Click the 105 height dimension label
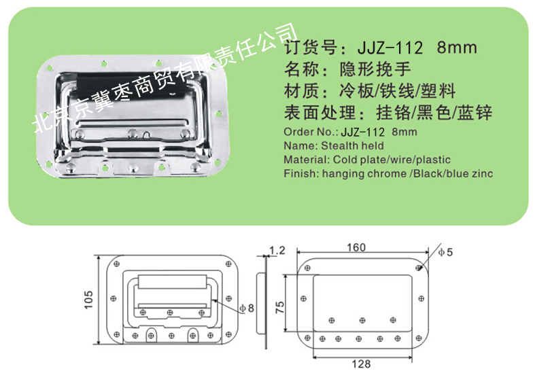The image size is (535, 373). coord(88,300)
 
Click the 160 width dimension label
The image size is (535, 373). coord(356,247)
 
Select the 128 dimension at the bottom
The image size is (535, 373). coord(362,364)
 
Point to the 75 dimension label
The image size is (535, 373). coord(279,308)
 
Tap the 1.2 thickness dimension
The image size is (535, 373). coord(277,251)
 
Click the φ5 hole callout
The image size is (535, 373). coord(445,252)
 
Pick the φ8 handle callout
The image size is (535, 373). coord(247,308)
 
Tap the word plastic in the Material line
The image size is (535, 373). coord(433,160)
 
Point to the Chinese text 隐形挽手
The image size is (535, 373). coord(375,69)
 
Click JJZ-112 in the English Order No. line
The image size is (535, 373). coord(363,132)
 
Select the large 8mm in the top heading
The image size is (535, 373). coord(457,48)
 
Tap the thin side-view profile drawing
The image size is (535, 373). coord(262,302)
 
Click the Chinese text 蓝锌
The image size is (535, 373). coord(474,113)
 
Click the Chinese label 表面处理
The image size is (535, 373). coord(320,113)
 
